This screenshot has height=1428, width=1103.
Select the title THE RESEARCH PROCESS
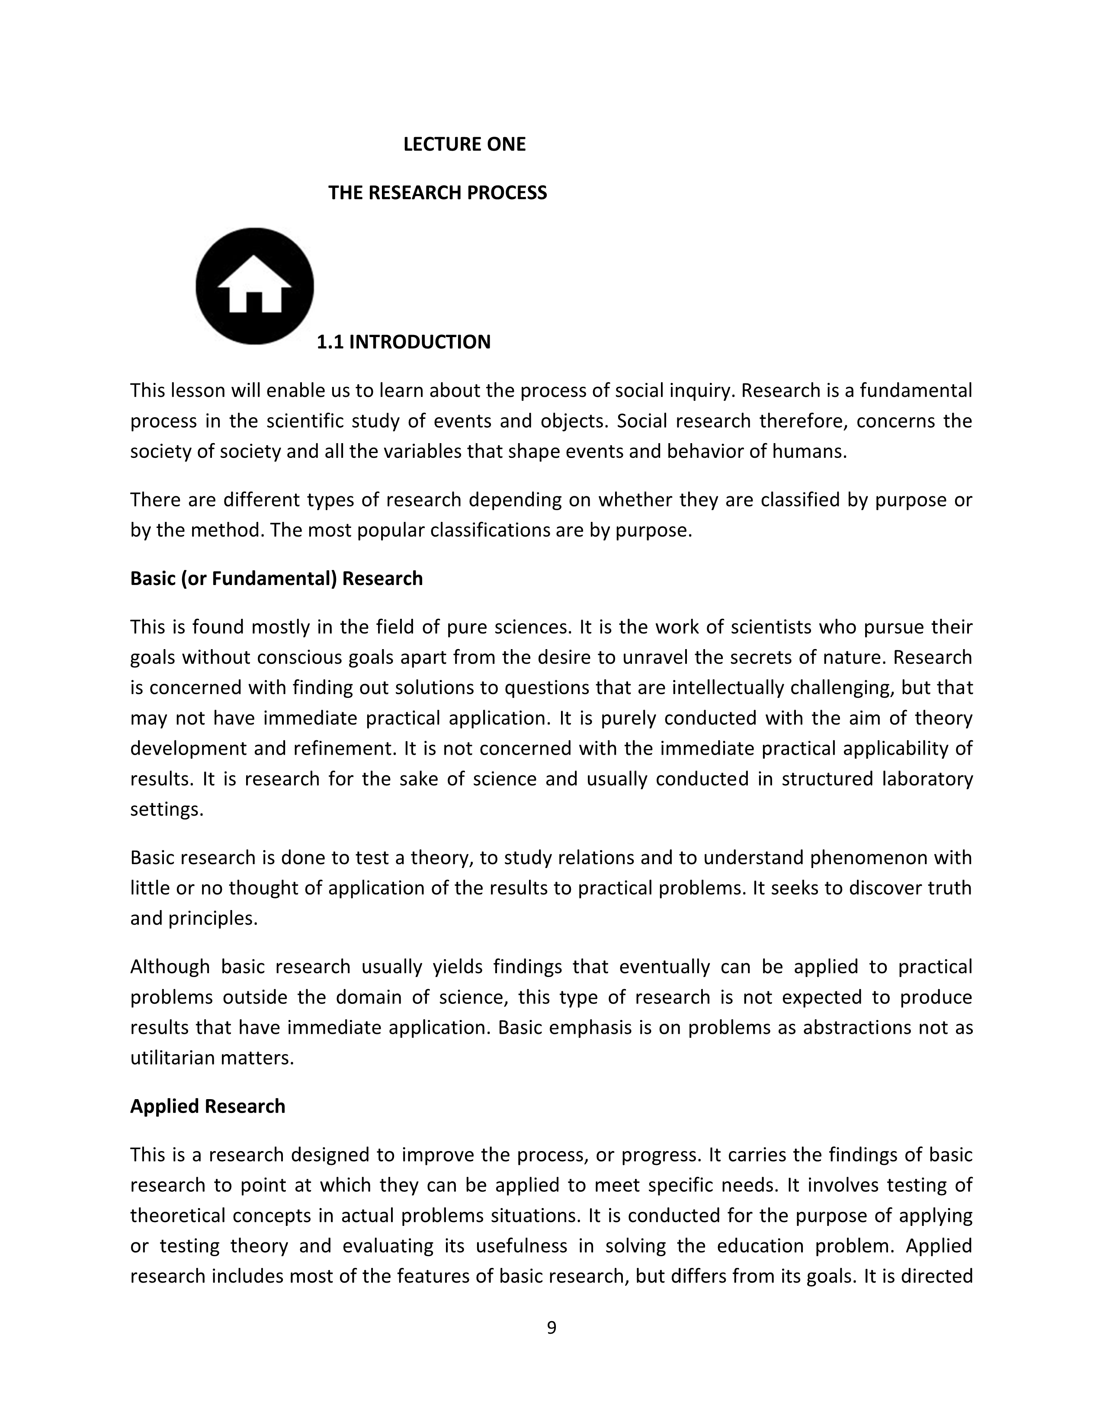click(437, 193)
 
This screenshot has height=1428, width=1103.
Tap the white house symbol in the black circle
click(254, 286)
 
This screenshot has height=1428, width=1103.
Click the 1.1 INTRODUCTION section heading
click(403, 342)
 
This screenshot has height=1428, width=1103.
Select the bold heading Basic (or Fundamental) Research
click(276, 579)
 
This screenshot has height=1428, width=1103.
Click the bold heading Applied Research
click(208, 1106)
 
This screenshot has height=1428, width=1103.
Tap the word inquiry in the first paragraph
click(699, 390)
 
